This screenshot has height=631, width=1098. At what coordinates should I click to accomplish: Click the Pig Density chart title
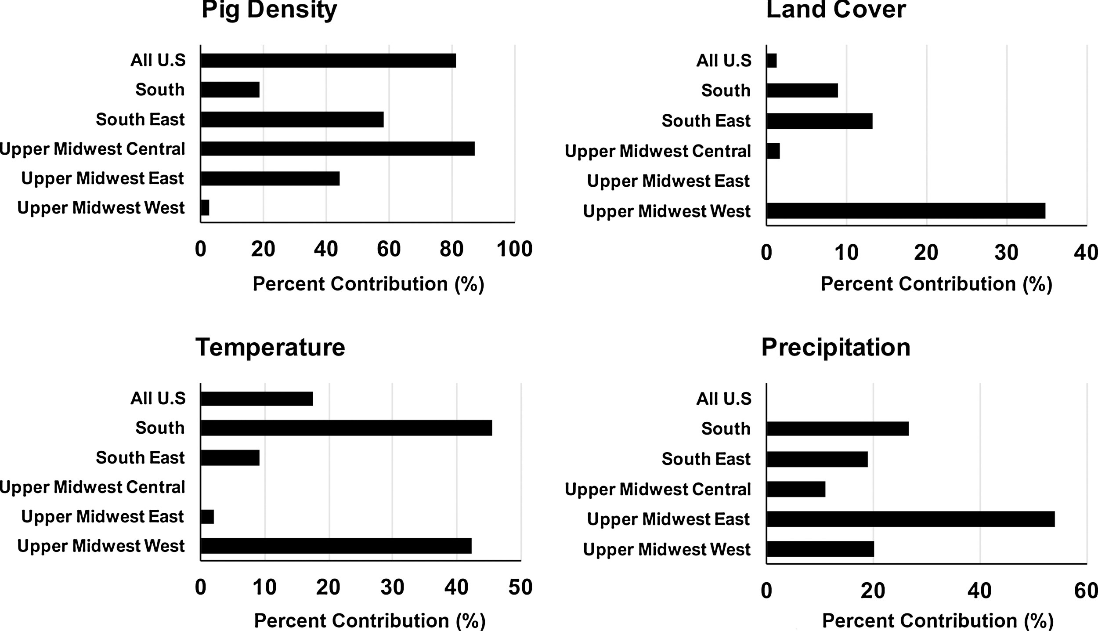click(x=269, y=10)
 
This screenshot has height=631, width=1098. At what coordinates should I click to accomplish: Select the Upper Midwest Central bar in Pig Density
click(x=337, y=149)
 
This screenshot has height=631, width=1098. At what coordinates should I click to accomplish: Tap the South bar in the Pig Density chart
click(x=230, y=90)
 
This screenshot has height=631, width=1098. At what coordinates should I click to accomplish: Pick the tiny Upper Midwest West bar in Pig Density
click(x=205, y=207)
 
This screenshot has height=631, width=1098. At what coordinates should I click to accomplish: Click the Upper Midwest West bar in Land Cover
click(x=906, y=211)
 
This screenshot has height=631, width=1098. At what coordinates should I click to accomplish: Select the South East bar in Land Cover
click(x=819, y=121)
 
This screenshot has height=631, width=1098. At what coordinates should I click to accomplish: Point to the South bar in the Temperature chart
click(x=346, y=428)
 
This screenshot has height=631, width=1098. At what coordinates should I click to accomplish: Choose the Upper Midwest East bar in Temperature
click(x=207, y=517)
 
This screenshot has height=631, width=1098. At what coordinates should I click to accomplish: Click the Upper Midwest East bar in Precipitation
click(x=910, y=519)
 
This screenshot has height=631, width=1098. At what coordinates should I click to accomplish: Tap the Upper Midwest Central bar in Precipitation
click(x=795, y=489)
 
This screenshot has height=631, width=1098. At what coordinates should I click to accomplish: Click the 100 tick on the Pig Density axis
click(x=514, y=250)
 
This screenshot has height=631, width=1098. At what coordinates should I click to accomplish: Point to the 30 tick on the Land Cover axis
click(x=1006, y=253)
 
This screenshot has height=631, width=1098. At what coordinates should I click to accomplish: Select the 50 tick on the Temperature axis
click(x=520, y=587)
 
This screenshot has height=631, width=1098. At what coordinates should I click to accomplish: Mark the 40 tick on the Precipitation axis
click(x=979, y=591)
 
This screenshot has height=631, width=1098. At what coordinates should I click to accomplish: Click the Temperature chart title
click(x=270, y=347)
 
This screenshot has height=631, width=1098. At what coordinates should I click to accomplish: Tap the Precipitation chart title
click(x=835, y=347)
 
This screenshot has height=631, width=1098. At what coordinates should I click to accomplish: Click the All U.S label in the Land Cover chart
click(x=724, y=61)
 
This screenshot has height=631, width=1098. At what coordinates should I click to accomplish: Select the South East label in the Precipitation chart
click(x=706, y=459)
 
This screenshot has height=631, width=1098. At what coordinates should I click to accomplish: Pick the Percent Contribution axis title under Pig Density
click(x=368, y=284)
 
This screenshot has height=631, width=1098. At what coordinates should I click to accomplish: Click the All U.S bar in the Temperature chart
click(x=256, y=399)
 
